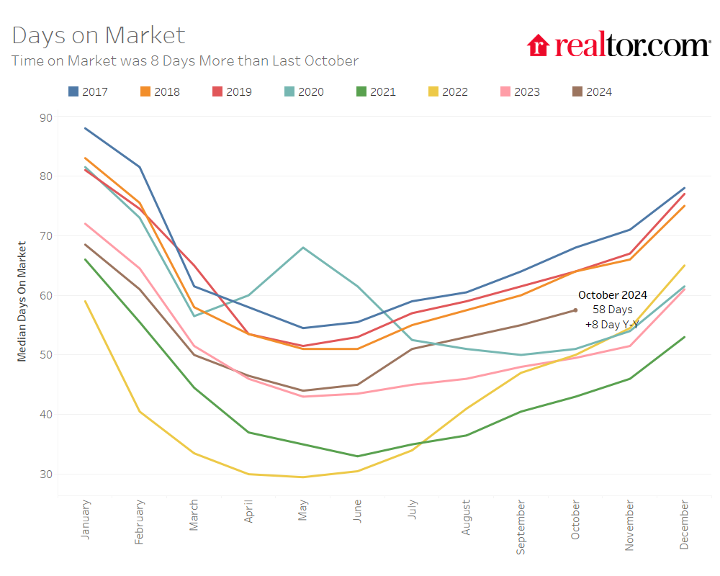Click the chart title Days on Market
99,35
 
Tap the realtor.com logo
618,45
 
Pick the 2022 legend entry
448,91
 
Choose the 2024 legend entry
592,91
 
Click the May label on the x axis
304,511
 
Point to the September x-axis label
521,526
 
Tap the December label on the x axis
684,524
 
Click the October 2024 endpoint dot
575,310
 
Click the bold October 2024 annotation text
613,295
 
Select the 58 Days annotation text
613,310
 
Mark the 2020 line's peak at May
303,248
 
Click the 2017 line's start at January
86,128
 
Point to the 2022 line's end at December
684,266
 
